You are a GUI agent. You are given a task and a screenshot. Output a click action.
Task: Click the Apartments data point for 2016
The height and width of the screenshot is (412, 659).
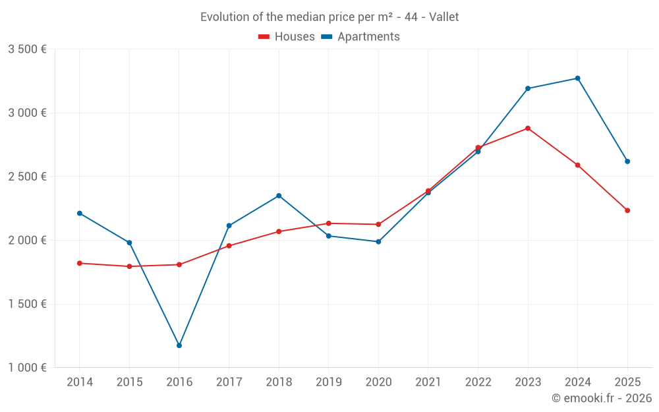[x=179, y=345]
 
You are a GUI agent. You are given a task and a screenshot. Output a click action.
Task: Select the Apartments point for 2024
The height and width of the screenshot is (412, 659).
[x=578, y=78]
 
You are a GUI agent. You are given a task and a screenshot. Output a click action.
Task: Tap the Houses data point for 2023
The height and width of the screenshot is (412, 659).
[x=528, y=129]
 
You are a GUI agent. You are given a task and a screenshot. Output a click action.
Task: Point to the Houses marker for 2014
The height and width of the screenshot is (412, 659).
[x=80, y=263]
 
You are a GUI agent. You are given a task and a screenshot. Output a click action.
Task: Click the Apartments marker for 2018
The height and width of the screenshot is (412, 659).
[x=279, y=196]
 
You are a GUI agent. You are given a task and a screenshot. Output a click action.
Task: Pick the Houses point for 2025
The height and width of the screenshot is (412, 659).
[x=627, y=210]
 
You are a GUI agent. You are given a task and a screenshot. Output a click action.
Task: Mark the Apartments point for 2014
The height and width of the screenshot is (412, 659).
[x=80, y=213]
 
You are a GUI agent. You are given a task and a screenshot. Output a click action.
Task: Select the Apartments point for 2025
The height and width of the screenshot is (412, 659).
[x=627, y=162]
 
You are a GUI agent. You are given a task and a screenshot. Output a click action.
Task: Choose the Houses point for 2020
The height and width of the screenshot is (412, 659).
[x=378, y=224]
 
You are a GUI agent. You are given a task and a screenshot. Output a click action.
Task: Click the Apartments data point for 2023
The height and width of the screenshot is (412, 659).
[x=528, y=88]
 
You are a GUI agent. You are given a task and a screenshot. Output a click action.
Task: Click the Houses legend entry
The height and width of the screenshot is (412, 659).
[x=287, y=37]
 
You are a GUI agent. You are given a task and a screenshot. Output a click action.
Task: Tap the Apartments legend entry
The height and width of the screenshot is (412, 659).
[x=360, y=37]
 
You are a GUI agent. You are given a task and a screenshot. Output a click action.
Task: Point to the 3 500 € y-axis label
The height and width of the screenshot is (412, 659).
[x=27, y=49]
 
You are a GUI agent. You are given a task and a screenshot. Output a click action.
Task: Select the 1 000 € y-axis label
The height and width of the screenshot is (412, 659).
[x=27, y=368]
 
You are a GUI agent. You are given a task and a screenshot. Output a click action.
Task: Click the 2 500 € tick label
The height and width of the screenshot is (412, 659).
[x=27, y=177]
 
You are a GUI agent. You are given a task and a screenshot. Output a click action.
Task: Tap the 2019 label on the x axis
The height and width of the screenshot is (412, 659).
[x=328, y=382]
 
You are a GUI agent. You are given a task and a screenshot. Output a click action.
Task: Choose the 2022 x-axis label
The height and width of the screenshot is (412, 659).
[x=478, y=382]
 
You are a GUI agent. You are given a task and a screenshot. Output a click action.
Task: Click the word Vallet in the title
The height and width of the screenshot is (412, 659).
[x=444, y=17]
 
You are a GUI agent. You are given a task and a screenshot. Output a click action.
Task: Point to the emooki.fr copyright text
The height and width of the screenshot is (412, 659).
[x=602, y=398]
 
